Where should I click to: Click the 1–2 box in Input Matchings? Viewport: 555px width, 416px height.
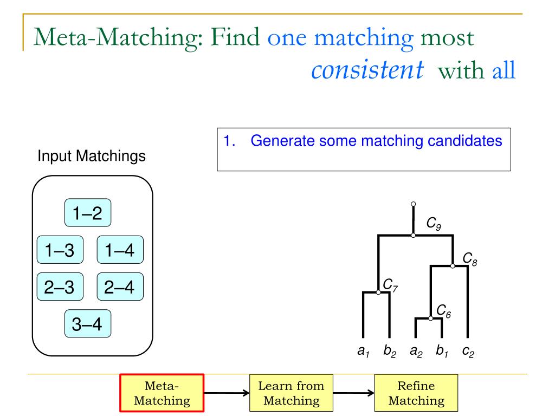87,213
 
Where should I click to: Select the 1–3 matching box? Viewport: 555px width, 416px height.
60,250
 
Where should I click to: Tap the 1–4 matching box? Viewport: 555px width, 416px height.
120,250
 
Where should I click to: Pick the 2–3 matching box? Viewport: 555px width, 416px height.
60,287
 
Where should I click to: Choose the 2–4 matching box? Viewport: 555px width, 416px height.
120,287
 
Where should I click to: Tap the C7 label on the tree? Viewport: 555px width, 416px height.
391,284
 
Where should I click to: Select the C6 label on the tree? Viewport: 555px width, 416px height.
443,310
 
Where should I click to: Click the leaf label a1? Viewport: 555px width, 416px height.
363,351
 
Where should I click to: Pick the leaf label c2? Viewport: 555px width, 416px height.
468,351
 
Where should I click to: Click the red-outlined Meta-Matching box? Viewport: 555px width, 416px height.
162,393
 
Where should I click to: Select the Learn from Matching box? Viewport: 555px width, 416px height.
291,393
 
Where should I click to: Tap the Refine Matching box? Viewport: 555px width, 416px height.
417,393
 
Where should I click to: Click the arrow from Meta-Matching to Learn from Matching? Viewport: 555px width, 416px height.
227,393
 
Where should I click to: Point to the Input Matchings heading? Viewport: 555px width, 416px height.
91,157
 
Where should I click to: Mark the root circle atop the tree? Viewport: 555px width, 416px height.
413,204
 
